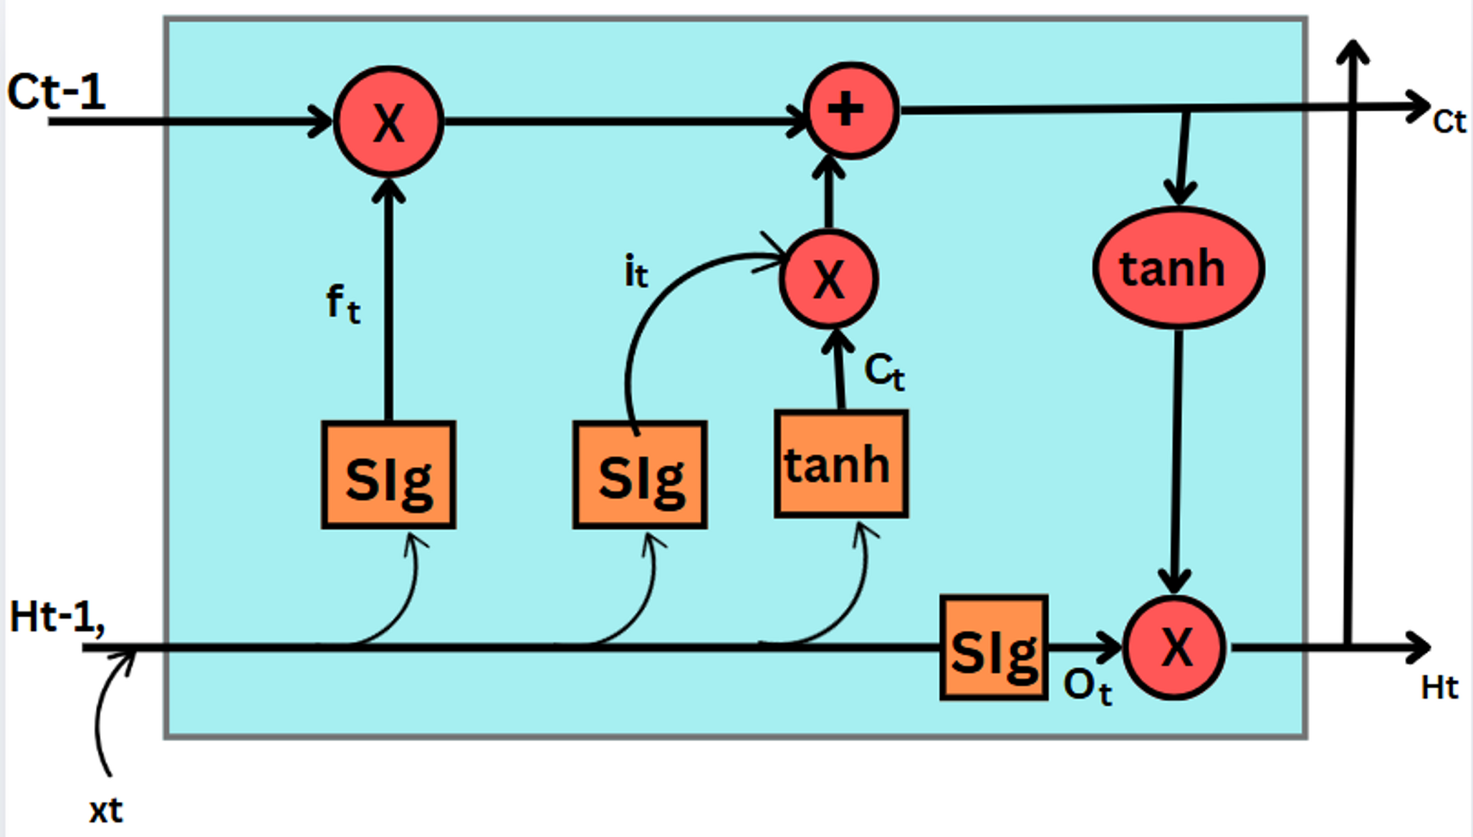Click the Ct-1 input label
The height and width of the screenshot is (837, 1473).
[56, 92]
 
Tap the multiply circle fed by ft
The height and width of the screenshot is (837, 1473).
[389, 122]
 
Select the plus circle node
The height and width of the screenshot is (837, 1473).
[850, 110]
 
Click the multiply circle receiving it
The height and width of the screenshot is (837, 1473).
[829, 279]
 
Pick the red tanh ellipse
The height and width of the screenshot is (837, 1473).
[1178, 268]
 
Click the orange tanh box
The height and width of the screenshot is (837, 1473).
[841, 464]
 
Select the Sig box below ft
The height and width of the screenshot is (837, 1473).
[388, 475]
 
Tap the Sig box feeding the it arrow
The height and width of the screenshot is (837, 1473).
[640, 475]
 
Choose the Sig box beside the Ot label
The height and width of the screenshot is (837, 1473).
[994, 647]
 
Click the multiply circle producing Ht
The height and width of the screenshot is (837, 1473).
[1174, 647]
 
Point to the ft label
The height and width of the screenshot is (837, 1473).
[343, 303]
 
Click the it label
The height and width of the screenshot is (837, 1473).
[635, 271]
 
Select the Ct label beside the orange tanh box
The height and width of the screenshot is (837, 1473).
[884, 371]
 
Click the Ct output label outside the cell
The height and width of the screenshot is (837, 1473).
[1449, 122]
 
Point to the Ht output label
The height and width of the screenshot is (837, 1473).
[1439, 687]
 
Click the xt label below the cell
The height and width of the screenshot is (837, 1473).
[105, 811]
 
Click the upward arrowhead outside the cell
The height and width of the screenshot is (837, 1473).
[1353, 52]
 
